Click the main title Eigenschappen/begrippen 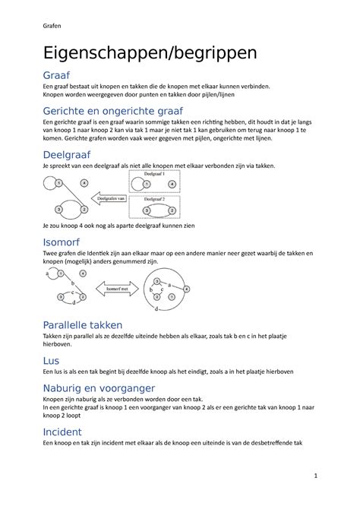pos(150,53)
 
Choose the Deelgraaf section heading pos(69,155)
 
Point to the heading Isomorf pos(63,242)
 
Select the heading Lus pos(51,361)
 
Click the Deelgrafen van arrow pos(109,199)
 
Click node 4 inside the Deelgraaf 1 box pos(173,184)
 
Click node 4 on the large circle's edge pos(186,289)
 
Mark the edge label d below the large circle pos(157,310)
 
